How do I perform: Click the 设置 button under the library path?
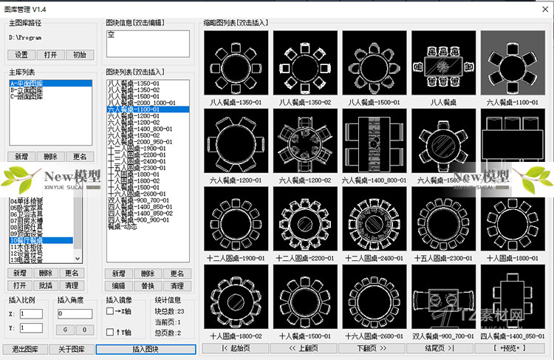[x=21, y=55]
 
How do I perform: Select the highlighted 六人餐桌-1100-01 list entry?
[x=134, y=109]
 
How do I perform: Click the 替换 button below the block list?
[x=148, y=285]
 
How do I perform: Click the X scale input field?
[x=32, y=314]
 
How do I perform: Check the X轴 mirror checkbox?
[x=110, y=311]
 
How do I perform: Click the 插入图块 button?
[x=146, y=349]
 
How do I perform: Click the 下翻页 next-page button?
[x=372, y=347]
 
